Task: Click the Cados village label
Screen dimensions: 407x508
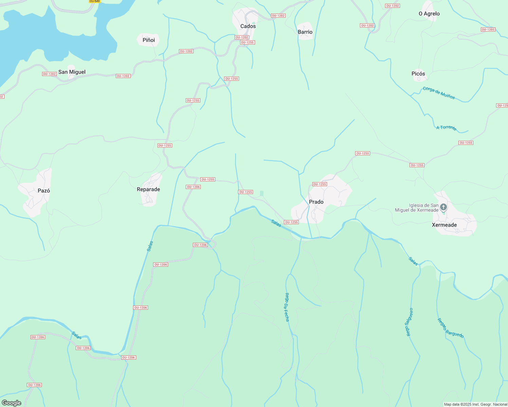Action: pos(248,26)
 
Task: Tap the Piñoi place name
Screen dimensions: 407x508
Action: pos(149,40)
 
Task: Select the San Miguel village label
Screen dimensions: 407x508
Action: pos(72,72)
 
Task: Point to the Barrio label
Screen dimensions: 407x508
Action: pos(305,32)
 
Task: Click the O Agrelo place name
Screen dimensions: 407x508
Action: pos(429,14)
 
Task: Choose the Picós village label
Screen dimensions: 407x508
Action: pos(418,74)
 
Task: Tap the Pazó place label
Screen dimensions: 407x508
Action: pos(44,191)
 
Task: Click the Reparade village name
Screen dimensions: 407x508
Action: pos(148,189)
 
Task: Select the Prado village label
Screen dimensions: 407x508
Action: pos(316,202)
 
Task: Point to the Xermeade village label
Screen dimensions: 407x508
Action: pos(444,225)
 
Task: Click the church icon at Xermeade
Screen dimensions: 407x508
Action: pos(443,207)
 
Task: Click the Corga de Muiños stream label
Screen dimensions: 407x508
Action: pos(439,93)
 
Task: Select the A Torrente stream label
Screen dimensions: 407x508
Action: pos(447,128)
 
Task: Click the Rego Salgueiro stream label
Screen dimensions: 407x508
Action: pos(410,322)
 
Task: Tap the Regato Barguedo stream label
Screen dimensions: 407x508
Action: pos(450,328)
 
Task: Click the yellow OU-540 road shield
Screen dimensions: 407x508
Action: pos(95,1)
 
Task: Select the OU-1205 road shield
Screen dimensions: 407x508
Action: pos(488,30)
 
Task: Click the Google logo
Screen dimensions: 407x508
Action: pos(12,403)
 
